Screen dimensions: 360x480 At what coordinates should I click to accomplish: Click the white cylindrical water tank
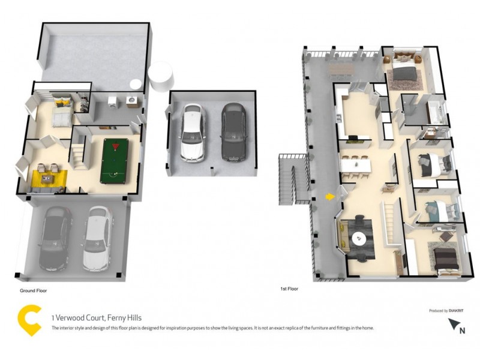point(161,77)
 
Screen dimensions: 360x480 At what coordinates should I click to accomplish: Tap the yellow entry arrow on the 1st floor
point(329,196)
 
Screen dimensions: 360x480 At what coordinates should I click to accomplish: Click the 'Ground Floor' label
point(34,290)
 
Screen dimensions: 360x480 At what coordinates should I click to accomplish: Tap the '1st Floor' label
point(289,289)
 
